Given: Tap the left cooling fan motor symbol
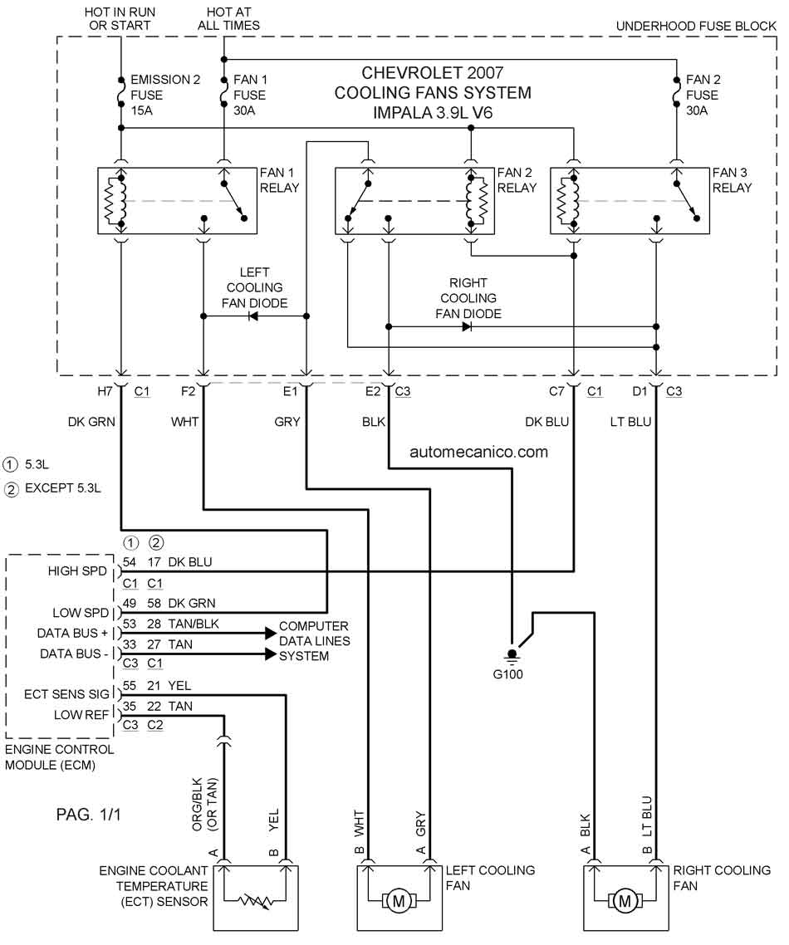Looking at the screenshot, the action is coord(398,902).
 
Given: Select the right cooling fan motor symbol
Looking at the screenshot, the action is coord(625,902).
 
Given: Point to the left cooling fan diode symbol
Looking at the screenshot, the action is coord(254,316).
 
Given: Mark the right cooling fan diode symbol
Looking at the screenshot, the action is coord(467,326).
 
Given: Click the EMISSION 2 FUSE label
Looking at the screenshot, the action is coord(165,95).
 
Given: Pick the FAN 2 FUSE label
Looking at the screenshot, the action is coord(703,95).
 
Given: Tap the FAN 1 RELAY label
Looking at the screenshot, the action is coord(280,179).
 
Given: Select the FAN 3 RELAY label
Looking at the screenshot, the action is coord(732,179).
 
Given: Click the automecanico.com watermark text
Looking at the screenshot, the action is coord(478,452).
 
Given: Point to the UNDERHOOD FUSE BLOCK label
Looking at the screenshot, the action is coord(696,26).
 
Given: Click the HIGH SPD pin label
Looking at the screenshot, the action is coord(77,570).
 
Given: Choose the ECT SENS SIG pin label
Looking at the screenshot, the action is coord(66,694).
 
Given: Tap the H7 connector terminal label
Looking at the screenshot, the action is coord(105,391).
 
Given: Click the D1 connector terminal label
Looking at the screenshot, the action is coord(640,391).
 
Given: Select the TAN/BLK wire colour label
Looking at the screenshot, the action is coord(194,624).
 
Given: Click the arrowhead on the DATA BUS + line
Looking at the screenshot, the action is coord(271,633).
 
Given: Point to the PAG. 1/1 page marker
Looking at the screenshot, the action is coord(89,815).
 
